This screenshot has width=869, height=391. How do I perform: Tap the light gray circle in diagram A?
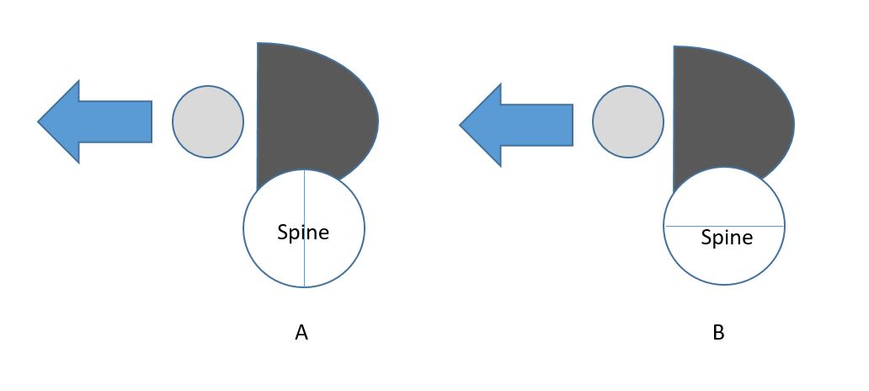[x=208, y=121]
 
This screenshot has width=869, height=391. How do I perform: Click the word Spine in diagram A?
[x=303, y=233]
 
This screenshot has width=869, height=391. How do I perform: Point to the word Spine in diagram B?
[x=727, y=238]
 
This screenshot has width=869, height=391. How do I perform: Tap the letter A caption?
[x=301, y=334]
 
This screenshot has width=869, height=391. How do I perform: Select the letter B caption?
[x=718, y=334]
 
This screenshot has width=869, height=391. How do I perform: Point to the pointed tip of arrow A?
[x=39, y=121]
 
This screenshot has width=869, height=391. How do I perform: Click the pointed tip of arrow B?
[x=461, y=125]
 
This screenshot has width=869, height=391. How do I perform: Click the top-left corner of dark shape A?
[x=258, y=43]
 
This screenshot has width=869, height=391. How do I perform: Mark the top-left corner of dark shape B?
[x=674, y=47]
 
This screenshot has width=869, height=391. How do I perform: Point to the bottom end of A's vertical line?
[x=304, y=287]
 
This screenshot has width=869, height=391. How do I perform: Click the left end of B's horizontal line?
[x=665, y=226]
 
